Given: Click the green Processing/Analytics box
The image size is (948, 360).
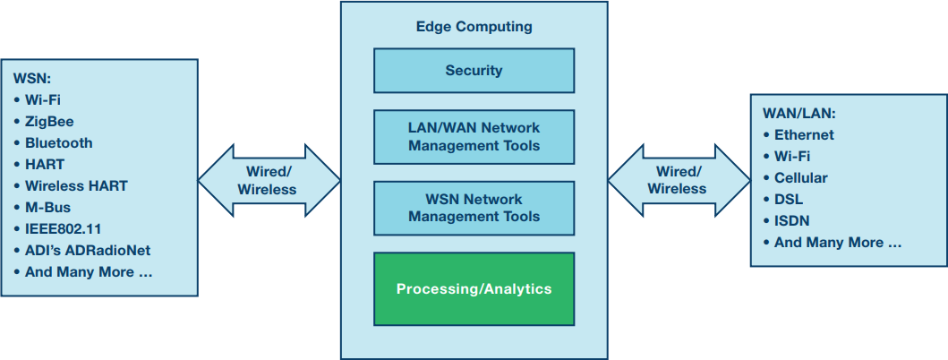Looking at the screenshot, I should pos(474,289).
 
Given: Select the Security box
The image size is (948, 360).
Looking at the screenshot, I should pos(474,71).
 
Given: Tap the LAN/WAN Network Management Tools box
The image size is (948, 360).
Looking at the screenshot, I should pos(474,136).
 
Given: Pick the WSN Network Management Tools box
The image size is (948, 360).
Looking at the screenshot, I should pos(474,208).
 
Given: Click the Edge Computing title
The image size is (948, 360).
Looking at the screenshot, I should pos(474,27).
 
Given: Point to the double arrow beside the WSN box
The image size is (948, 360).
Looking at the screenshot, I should pos(269,181).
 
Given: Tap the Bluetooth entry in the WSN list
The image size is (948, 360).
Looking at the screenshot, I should pos(58,142).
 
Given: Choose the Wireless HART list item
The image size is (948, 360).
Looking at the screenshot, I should pos(76,186).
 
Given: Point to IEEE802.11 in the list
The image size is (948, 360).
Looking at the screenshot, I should pos(63,229).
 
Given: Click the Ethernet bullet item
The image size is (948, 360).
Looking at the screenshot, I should pos(804,135).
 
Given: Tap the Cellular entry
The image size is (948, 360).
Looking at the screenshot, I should pos(800,178).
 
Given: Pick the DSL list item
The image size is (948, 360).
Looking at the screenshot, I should pos(788,200).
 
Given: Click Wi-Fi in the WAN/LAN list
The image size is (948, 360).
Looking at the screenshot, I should pos(792,157).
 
